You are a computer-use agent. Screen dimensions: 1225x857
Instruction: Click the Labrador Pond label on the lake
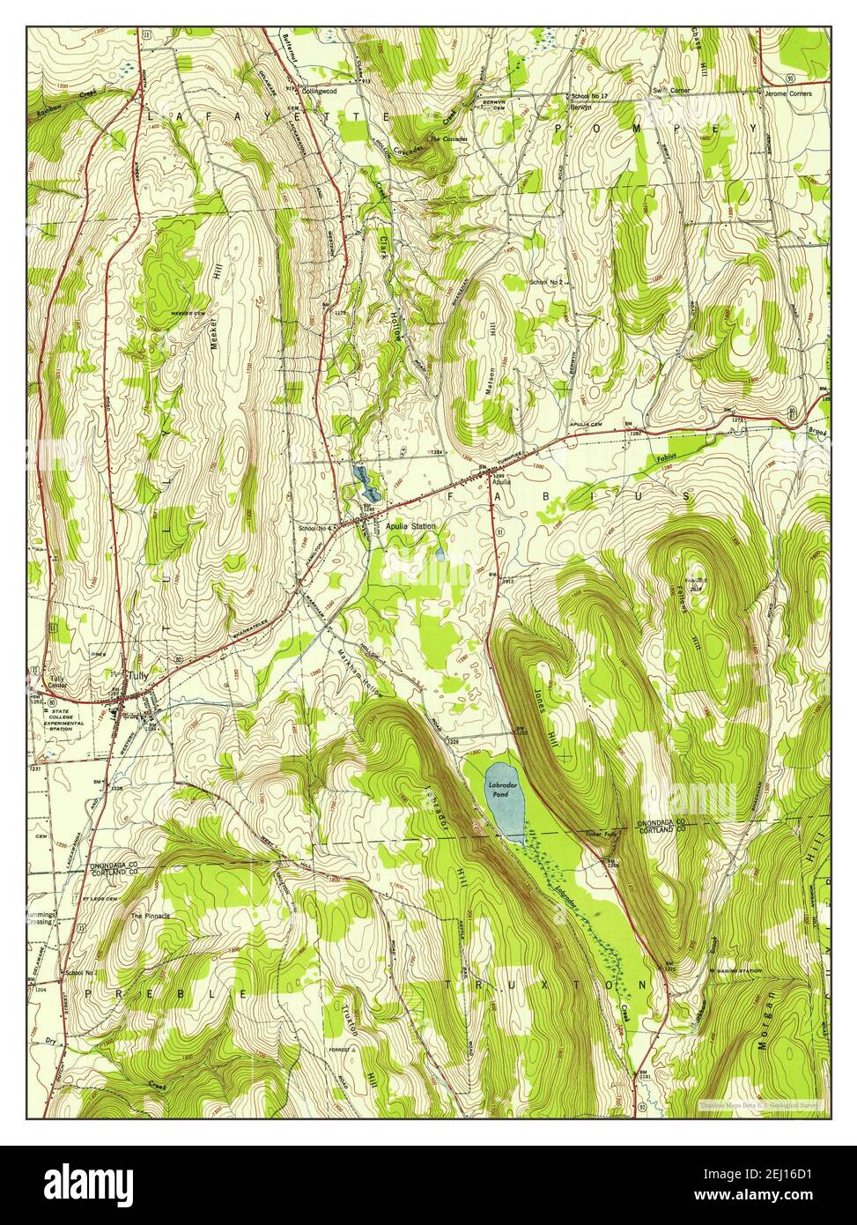pos(506,789)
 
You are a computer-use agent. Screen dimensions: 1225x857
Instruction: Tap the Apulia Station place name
pos(410,526)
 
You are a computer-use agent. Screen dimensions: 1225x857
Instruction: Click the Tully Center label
pos(58,683)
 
